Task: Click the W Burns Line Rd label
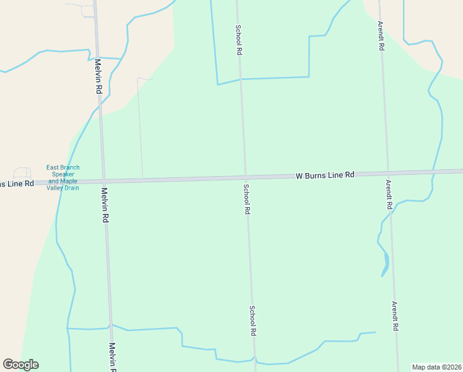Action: pos(324,175)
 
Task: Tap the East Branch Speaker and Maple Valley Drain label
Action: pos(63,178)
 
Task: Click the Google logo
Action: pos(20,365)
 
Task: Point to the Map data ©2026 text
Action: pos(436,367)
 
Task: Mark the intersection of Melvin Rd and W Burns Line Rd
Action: pos(103,181)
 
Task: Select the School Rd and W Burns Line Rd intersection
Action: pos(245,178)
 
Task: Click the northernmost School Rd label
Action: pos(238,40)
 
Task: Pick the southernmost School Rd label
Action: pos(253,321)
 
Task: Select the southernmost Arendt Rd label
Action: pos(394,316)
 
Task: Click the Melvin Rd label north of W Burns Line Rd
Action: pos(98,76)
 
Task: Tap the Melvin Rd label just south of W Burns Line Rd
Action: pos(106,205)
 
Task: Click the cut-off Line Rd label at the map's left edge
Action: pos(17,184)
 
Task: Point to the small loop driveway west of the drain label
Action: pos(22,173)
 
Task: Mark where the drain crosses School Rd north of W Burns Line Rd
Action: pos(241,79)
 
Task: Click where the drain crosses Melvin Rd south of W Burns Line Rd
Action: pos(110,326)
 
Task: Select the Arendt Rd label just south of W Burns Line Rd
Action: pos(389,194)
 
